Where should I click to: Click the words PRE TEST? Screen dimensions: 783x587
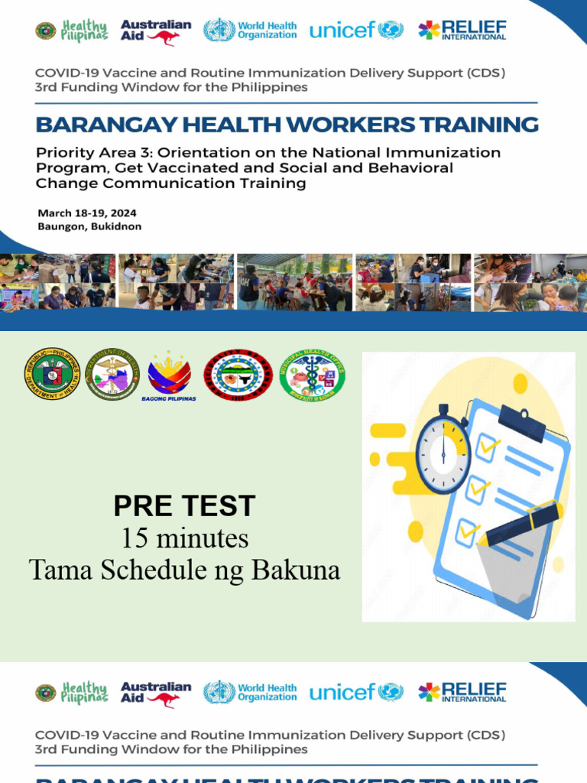184,506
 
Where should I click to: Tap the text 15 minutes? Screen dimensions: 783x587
184,538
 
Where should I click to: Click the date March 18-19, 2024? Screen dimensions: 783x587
86,213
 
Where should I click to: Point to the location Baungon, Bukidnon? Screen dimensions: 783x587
89,226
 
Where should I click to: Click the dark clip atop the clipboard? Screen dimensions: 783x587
523,419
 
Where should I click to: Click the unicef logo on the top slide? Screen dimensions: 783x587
355,31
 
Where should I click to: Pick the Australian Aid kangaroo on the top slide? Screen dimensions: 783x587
165,37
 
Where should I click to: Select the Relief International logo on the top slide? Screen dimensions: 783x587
462,31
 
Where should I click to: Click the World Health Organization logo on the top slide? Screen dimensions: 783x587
250,31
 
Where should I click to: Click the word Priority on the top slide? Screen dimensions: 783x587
63,152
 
